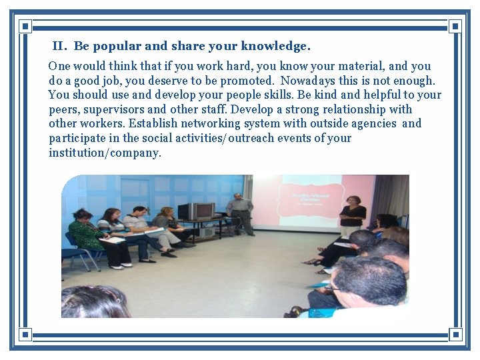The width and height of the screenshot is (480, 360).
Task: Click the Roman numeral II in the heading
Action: click(59, 47)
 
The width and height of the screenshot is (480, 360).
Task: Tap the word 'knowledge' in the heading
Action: click(275, 47)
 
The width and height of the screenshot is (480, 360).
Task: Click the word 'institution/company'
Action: click(105, 153)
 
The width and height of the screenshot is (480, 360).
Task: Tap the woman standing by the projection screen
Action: click(351, 217)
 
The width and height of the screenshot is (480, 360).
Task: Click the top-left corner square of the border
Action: click(25, 27)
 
